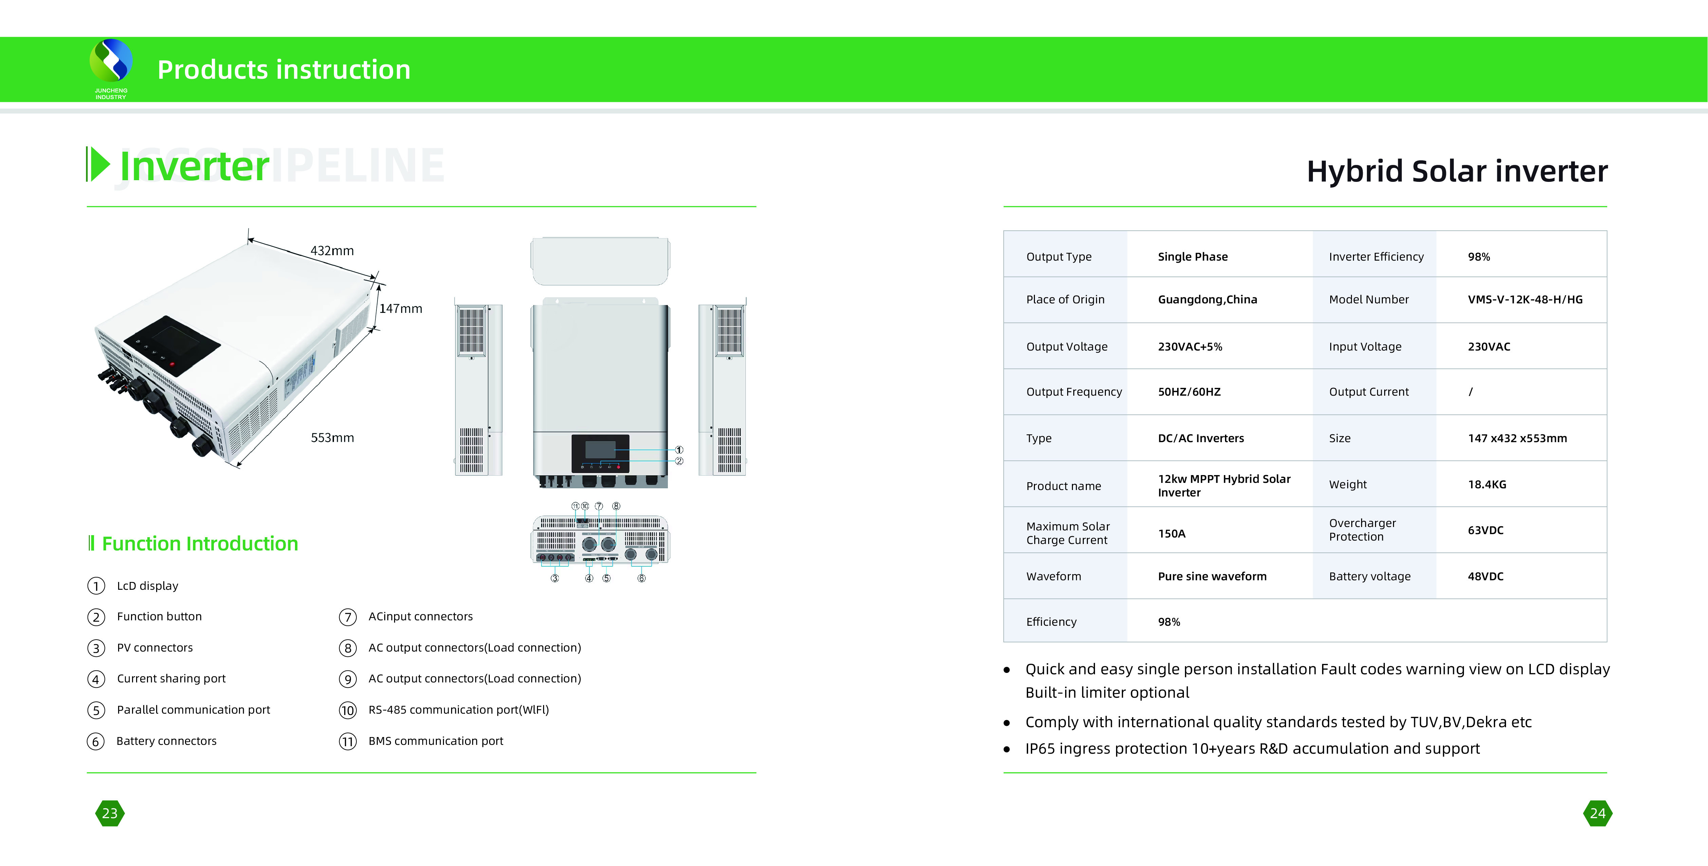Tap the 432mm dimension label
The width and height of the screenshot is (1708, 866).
332,251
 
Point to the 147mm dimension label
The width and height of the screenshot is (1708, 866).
401,308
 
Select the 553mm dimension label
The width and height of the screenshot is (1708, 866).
332,438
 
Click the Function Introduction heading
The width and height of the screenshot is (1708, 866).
200,544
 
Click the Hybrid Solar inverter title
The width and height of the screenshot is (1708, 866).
1457,171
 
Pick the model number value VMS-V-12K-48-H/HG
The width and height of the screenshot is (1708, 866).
1525,300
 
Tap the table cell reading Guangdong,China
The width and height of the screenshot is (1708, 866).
1207,300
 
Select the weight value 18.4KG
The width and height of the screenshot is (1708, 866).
1487,485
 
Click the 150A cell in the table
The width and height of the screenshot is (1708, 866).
1172,534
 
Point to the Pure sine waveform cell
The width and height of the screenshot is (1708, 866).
1212,576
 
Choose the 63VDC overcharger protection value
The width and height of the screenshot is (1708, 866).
1485,530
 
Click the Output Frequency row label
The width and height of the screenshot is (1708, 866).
1074,392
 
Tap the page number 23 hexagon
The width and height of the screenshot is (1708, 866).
110,813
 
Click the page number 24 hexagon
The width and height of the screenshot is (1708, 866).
1598,813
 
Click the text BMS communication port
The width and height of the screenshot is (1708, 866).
435,741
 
